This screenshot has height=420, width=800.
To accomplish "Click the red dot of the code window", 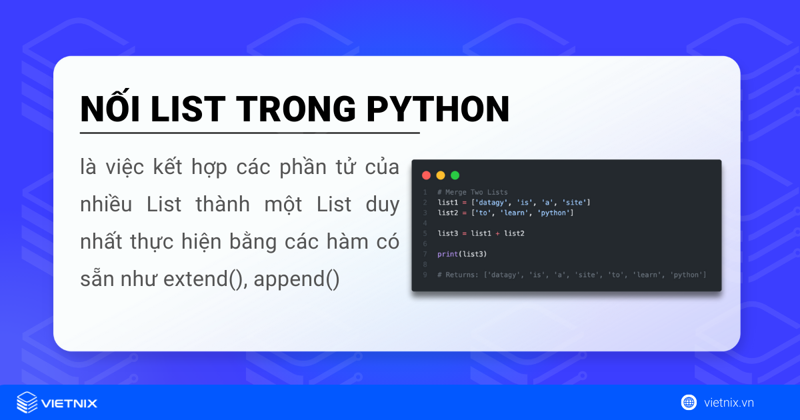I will (x=426, y=175).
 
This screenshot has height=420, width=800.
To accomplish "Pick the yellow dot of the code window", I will (x=441, y=175).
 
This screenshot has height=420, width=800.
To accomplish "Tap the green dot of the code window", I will (x=455, y=175).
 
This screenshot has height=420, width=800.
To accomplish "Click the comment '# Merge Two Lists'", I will (x=472, y=192).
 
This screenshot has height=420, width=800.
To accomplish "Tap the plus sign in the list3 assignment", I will (x=497, y=233).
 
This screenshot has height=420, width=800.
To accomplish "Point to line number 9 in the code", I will (x=425, y=275).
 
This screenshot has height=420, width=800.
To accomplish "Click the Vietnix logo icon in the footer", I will (x=27, y=403).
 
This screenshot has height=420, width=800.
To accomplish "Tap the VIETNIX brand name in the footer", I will (x=69, y=403).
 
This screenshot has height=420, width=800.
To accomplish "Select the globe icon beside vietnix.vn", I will (x=689, y=402).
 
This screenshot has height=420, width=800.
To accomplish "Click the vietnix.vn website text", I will (x=729, y=403).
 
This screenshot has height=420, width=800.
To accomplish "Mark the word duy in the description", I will (x=383, y=205).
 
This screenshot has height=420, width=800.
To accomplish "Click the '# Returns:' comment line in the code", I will (x=571, y=275).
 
